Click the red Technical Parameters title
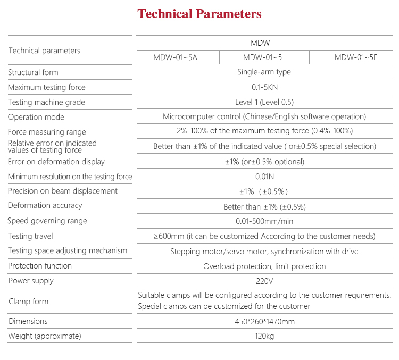(x=199, y=14)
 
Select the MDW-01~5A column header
(x=175, y=57)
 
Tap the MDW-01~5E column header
(x=355, y=57)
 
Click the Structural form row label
(x=33, y=72)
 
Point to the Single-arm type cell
(x=264, y=72)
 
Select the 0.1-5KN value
(x=264, y=87)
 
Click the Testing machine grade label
(x=46, y=102)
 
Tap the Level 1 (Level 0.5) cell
(x=264, y=102)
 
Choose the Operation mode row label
(x=36, y=117)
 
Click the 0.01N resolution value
(x=264, y=177)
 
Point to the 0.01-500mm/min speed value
(x=264, y=221)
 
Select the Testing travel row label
(x=30, y=236)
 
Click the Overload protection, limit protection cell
(x=264, y=266)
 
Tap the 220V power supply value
(x=264, y=281)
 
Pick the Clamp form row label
(x=28, y=302)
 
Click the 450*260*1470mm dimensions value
(x=264, y=321)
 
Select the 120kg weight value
(x=264, y=336)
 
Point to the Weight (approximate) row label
(x=44, y=336)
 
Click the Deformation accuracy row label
(x=45, y=206)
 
